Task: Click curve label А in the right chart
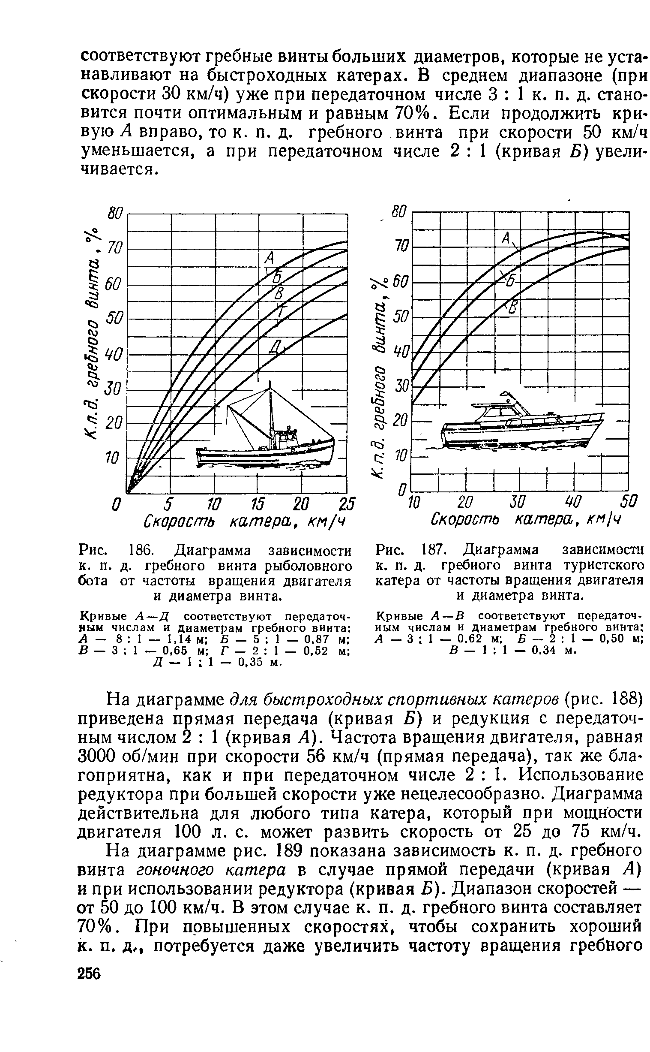click(506, 238)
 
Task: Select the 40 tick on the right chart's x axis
click(572, 501)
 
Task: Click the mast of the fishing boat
click(270, 413)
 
